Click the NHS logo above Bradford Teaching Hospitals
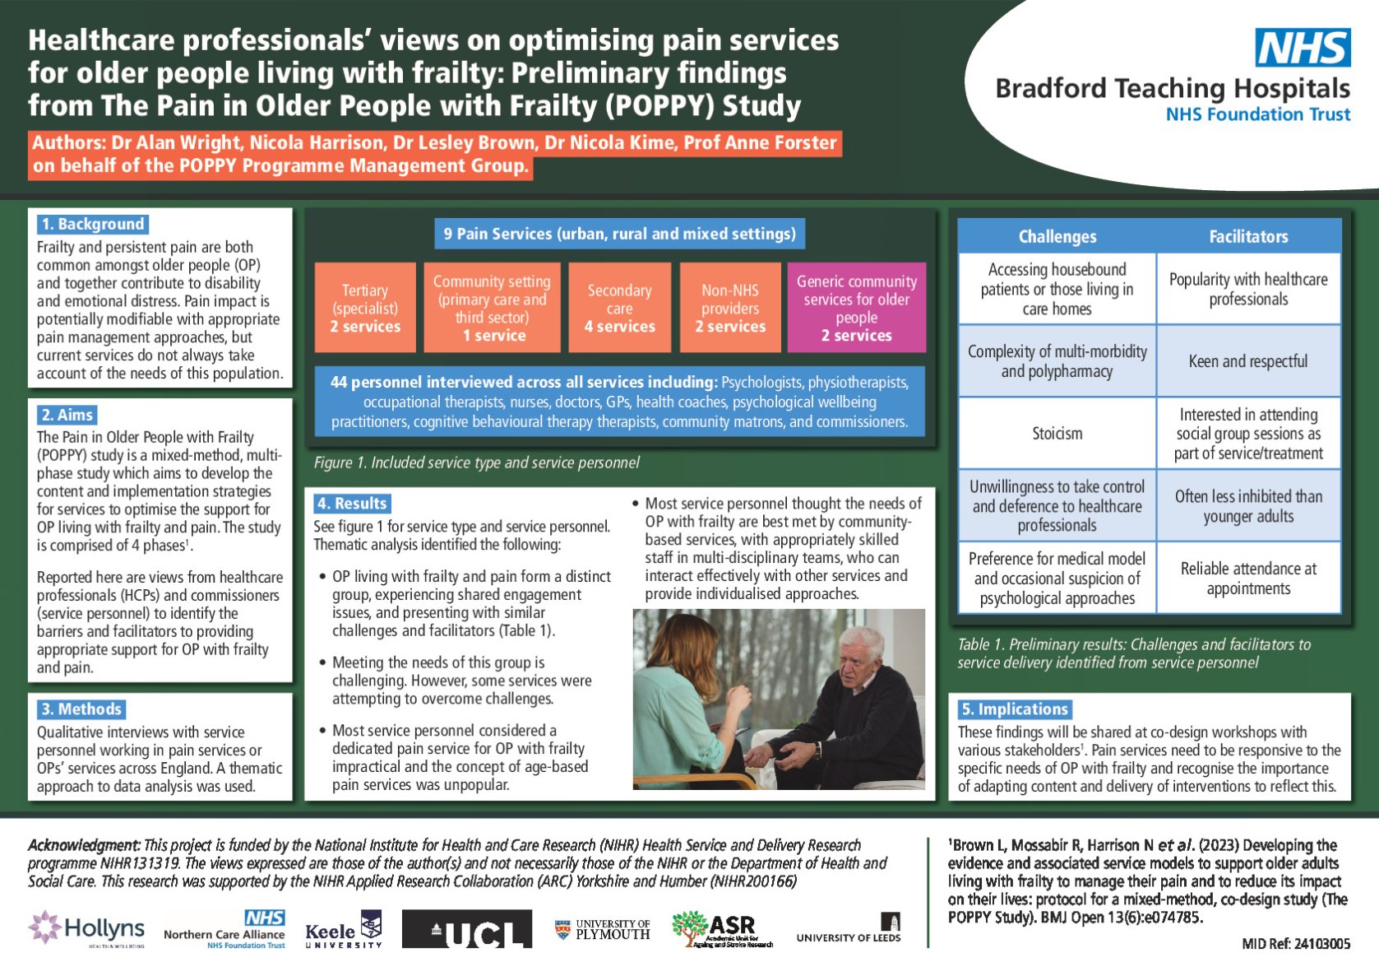click(x=1302, y=48)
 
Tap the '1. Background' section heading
click(x=93, y=224)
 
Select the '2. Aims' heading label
click(x=67, y=415)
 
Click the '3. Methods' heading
click(x=81, y=709)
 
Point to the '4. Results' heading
click(x=352, y=504)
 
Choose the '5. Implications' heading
click(x=1015, y=709)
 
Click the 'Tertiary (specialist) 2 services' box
click(x=365, y=308)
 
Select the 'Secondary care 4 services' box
click(x=619, y=308)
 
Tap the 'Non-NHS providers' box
click(x=730, y=308)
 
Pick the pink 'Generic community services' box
click(x=856, y=308)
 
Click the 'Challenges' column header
click(x=1057, y=237)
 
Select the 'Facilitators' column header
click(x=1247, y=237)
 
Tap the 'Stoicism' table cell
click(x=1057, y=434)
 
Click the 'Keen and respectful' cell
click(x=1247, y=361)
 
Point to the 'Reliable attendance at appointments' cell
click(x=1247, y=579)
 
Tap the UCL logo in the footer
click(x=467, y=930)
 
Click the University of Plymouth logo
click(x=603, y=930)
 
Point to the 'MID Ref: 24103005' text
click(x=1295, y=944)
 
